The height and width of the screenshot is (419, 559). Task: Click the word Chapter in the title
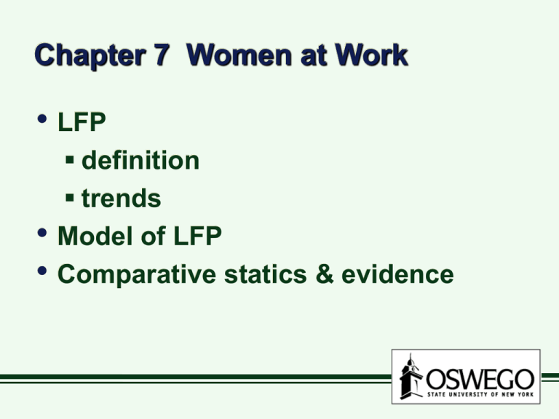90,55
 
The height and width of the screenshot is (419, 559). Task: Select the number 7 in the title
162,54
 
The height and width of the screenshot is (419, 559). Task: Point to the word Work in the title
371,55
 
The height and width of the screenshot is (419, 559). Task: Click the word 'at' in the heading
314,56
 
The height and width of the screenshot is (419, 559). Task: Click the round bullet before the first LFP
42,119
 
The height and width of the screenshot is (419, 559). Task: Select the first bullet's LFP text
82,122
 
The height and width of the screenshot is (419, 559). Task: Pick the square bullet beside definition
70,159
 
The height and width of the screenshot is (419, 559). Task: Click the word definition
140,160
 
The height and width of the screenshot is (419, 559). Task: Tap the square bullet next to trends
70,197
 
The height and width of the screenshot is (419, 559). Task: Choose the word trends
122,198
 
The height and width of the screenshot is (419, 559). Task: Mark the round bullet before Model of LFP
42,233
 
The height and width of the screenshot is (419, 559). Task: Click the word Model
95,236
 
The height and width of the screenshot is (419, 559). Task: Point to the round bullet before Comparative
42,271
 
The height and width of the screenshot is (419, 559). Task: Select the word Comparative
137,275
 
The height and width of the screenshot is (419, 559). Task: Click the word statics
265,274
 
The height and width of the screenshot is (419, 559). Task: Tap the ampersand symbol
325,274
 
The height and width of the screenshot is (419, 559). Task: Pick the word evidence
397,274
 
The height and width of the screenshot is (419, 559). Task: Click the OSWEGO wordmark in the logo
480,380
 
